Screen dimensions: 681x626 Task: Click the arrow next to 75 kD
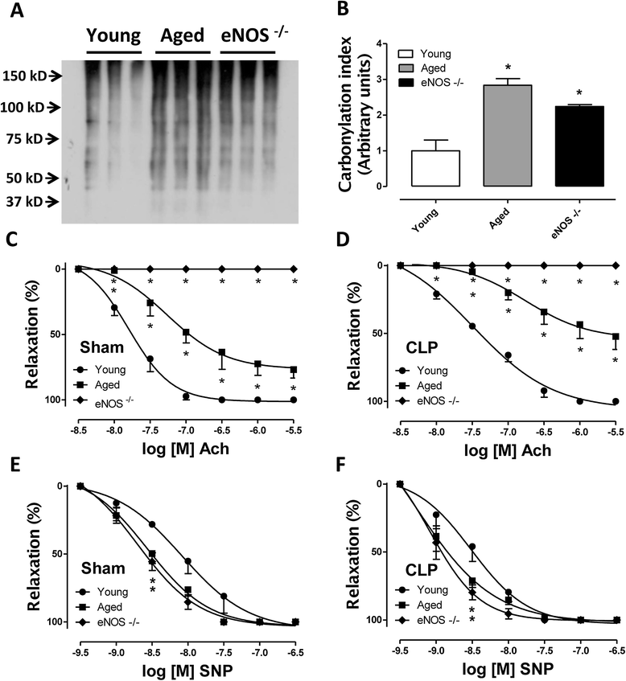71,138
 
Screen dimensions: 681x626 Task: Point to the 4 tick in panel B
379,43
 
